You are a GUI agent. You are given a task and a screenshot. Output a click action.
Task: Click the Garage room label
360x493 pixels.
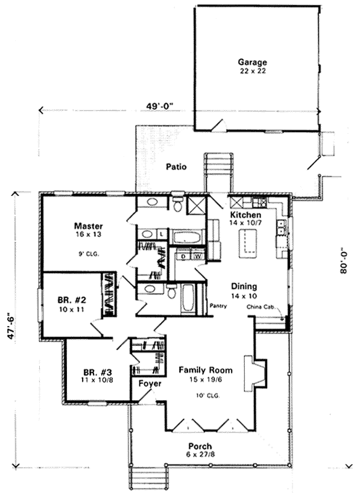(x=252, y=62)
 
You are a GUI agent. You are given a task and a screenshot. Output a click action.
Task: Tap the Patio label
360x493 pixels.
(x=176, y=166)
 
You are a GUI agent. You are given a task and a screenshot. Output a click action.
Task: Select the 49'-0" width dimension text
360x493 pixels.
(x=160, y=106)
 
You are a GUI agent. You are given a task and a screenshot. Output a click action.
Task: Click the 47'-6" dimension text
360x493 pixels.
(x=11, y=325)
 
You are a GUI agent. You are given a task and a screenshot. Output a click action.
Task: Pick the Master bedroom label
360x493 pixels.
(x=89, y=226)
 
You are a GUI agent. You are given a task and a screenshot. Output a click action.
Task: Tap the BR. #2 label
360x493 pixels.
(x=72, y=300)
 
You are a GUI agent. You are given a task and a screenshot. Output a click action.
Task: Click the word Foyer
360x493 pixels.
(x=150, y=383)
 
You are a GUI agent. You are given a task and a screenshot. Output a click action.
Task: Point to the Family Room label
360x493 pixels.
(x=206, y=370)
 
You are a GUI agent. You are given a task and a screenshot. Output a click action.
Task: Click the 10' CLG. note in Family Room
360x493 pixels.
(x=206, y=396)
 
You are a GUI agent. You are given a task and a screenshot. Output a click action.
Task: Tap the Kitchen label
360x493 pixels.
(x=246, y=215)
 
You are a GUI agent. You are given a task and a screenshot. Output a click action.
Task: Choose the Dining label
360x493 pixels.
(x=244, y=286)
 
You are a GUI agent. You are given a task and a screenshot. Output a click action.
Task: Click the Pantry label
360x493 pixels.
(x=218, y=306)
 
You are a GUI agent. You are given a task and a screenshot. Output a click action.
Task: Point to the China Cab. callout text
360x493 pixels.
(x=260, y=307)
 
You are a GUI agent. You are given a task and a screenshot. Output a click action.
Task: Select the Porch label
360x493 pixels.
(x=200, y=446)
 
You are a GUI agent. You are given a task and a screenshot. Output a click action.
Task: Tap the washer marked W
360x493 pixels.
(x=198, y=256)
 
